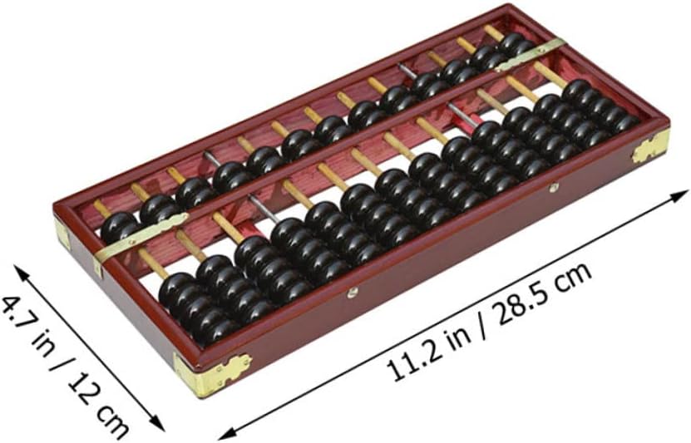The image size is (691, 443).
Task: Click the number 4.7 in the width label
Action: click(x=17, y=313)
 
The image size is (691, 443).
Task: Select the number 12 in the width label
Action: click(x=82, y=390)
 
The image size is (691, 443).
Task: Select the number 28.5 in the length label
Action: click(x=526, y=301)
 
